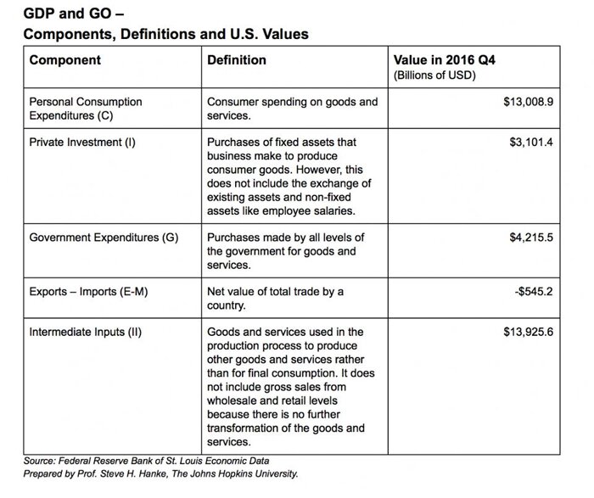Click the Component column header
coord(64,60)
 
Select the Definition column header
coord(237,60)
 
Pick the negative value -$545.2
coord(535,292)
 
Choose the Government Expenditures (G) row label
coord(104,238)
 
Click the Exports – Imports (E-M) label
coord(90,292)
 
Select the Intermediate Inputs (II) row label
coord(85,332)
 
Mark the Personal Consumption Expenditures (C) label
coord(86,109)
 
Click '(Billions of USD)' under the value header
coord(435,76)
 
